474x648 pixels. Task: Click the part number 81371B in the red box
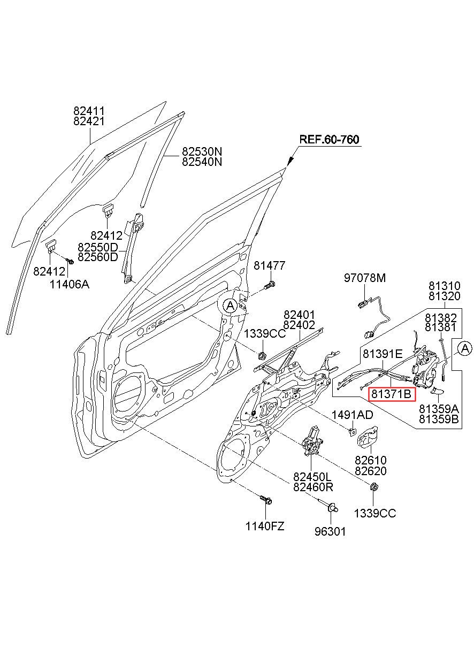tap(391, 394)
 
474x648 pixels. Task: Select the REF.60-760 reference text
tap(329, 140)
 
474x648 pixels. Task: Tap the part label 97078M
tap(365, 278)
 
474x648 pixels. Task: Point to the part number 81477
tap(269, 265)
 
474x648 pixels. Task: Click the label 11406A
tap(70, 284)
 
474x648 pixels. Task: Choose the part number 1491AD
tap(352, 415)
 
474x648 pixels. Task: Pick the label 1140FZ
tap(265, 526)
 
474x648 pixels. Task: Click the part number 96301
tap(330, 531)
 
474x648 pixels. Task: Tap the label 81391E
tap(383, 354)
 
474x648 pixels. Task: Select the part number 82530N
tap(202, 151)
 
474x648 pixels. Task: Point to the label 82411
tap(89, 111)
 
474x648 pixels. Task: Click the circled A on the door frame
tap(230, 306)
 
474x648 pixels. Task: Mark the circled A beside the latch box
tap(465, 348)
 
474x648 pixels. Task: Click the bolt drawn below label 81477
tap(270, 285)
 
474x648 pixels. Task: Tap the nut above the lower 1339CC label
tap(373, 487)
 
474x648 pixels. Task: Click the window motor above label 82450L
tap(312, 440)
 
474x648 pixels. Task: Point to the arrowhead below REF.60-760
tap(290, 162)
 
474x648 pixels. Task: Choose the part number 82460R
tap(313, 487)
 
